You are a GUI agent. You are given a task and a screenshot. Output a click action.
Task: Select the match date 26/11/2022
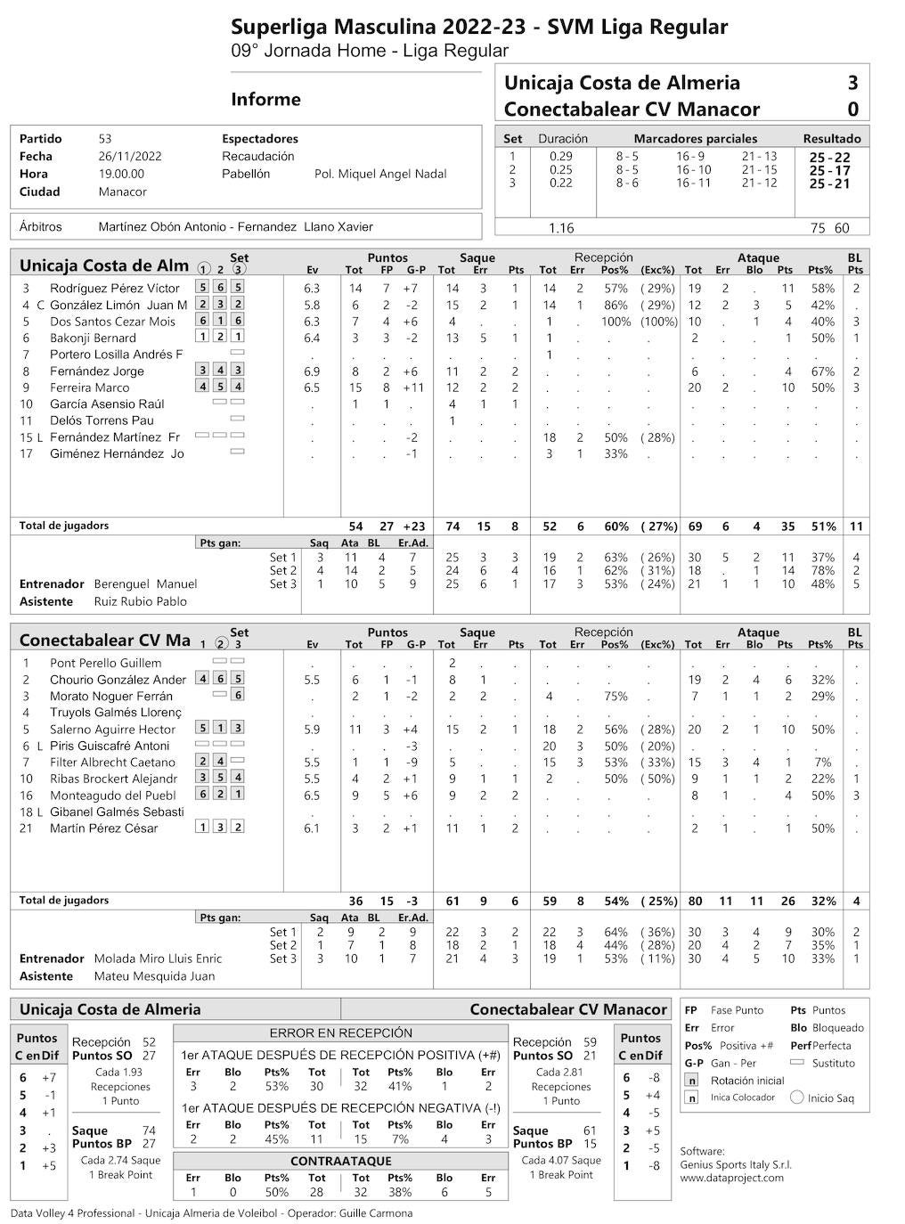[x=130, y=156]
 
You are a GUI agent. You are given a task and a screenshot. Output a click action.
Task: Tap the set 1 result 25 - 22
[x=829, y=158]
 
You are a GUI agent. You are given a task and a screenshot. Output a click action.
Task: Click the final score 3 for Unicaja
[x=852, y=83]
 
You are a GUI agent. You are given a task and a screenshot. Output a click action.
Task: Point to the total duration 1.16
[x=561, y=228]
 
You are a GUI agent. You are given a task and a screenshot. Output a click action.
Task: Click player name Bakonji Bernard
[x=93, y=338]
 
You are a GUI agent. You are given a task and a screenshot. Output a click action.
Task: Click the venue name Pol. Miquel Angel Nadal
[x=380, y=174]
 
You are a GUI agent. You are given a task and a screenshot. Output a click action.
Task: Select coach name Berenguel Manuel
[x=145, y=584]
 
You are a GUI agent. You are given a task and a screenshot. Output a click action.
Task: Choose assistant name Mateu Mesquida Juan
[x=154, y=976]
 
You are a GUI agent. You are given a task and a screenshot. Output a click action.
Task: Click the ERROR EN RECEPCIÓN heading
[x=340, y=1033]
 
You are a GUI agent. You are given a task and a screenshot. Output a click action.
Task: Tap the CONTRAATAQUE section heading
[x=340, y=1162]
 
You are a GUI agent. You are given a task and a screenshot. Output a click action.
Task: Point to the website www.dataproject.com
[x=731, y=1178]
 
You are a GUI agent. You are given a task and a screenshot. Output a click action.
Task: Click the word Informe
[x=265, y=99]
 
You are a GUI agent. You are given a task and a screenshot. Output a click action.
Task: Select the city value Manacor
[x=123, y=192]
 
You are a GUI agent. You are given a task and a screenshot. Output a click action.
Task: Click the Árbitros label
[x=41, y=227]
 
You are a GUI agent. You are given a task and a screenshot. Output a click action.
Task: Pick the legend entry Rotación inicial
[x=747, y=1081]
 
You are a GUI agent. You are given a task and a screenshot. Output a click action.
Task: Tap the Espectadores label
[x=260, y=139]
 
